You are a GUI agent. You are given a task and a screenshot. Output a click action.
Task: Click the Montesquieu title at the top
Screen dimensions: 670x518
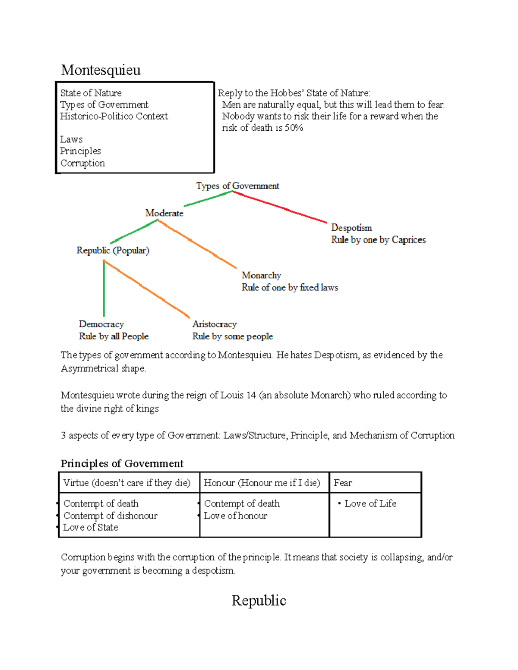point(101,70)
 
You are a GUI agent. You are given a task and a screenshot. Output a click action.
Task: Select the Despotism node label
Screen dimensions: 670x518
point(351,228)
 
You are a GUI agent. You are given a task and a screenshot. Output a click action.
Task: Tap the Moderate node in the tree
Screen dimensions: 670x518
point(164,213)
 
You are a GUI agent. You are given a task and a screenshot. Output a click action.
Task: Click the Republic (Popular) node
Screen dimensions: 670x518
point(113,251)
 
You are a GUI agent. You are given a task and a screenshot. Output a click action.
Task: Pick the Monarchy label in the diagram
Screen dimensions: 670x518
point(261,275)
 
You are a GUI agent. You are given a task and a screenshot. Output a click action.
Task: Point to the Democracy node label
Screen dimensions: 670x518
point(101,324)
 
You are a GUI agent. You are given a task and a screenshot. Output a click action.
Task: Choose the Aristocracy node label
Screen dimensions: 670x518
point(215,324)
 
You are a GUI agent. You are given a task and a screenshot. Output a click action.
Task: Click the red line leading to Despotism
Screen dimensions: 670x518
point(281,208)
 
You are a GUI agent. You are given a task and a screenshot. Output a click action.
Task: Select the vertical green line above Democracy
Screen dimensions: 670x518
point(104,289)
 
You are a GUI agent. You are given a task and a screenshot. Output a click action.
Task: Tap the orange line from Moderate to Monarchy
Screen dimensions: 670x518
point(197,244)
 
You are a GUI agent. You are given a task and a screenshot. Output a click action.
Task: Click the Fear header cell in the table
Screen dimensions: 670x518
point(343,483)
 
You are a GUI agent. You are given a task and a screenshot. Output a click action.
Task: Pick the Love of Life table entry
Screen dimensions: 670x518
point(370,503)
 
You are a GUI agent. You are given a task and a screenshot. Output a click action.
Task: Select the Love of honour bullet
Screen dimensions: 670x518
point(235,516)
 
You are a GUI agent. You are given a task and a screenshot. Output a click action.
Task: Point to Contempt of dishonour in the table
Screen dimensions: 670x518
point(110,516)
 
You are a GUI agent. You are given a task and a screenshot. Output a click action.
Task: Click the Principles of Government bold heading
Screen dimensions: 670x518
point(122,464)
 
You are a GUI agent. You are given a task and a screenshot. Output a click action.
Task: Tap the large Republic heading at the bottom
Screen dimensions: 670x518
point(259,601)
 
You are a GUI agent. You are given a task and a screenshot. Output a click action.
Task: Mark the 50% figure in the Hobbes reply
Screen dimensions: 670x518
point(294,128)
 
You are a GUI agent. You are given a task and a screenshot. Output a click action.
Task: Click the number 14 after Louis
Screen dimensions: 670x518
point(251,395)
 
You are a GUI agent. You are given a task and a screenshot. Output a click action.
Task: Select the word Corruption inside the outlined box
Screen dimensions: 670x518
point(82,163)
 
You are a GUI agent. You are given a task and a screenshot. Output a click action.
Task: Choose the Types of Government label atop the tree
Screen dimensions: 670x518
point(237,186)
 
